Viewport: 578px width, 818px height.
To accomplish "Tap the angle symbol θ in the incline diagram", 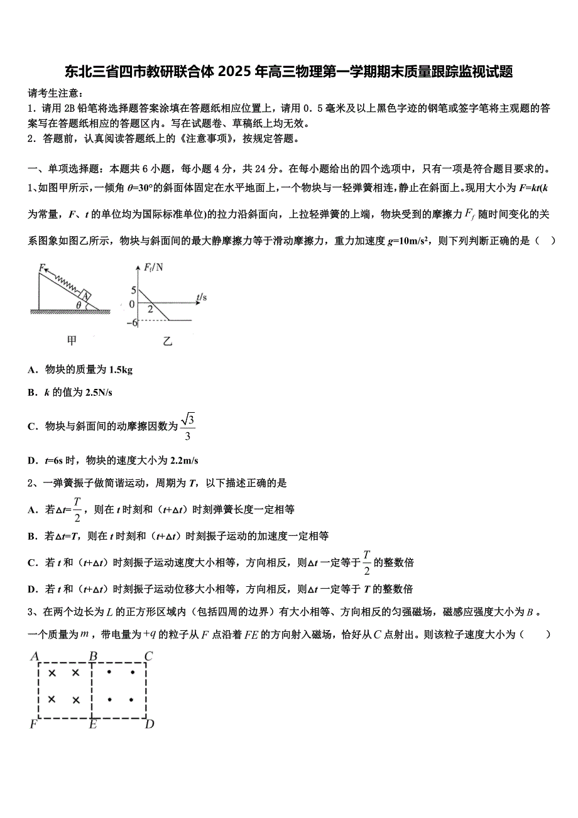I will [x=78, y=305].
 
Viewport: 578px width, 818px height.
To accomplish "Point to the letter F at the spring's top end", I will [x=41, y=268].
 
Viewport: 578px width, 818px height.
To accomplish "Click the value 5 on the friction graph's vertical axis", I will [x=133, y=290].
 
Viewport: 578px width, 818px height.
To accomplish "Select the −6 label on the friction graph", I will [x=131, y=322].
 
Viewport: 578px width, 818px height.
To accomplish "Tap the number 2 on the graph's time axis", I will [x=150, y=309].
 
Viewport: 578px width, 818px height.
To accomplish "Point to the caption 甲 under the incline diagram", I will [x=72, y=341].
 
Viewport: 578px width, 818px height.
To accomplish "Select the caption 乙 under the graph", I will [x=166, y=341].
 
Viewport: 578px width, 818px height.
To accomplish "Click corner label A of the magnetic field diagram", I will [x=35, y=657].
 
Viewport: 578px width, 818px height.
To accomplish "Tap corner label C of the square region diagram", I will [x=149, y=657].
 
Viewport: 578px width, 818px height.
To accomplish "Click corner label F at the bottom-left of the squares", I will [x=34, y=724].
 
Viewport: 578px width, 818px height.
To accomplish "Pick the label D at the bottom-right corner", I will [x=150, y=724].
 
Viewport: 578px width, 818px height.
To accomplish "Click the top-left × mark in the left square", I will [x=52, y=673].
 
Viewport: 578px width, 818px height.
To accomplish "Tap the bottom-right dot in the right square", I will [x=131, y=699].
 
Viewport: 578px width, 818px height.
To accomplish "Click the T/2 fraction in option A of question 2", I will [x=77, y=509].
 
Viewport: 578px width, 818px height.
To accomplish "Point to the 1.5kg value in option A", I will [x=121, y=369].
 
